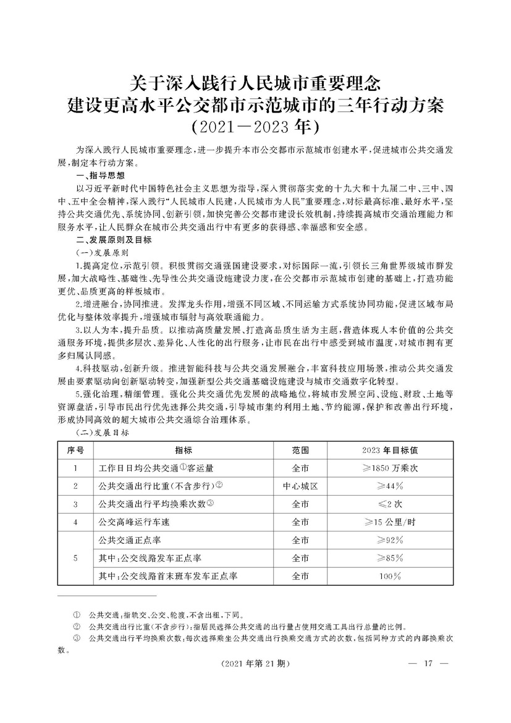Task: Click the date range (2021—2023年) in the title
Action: pyautogui.click(x=255, y=127)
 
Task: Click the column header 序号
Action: pyautogui.click(x=75, y=450)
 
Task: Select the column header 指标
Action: pyautogui.click(x=183, y=450)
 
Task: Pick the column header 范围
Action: pyautogui.click(x=300, y=450)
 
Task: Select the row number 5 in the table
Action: pyautogui.click(x=75, y=558)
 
